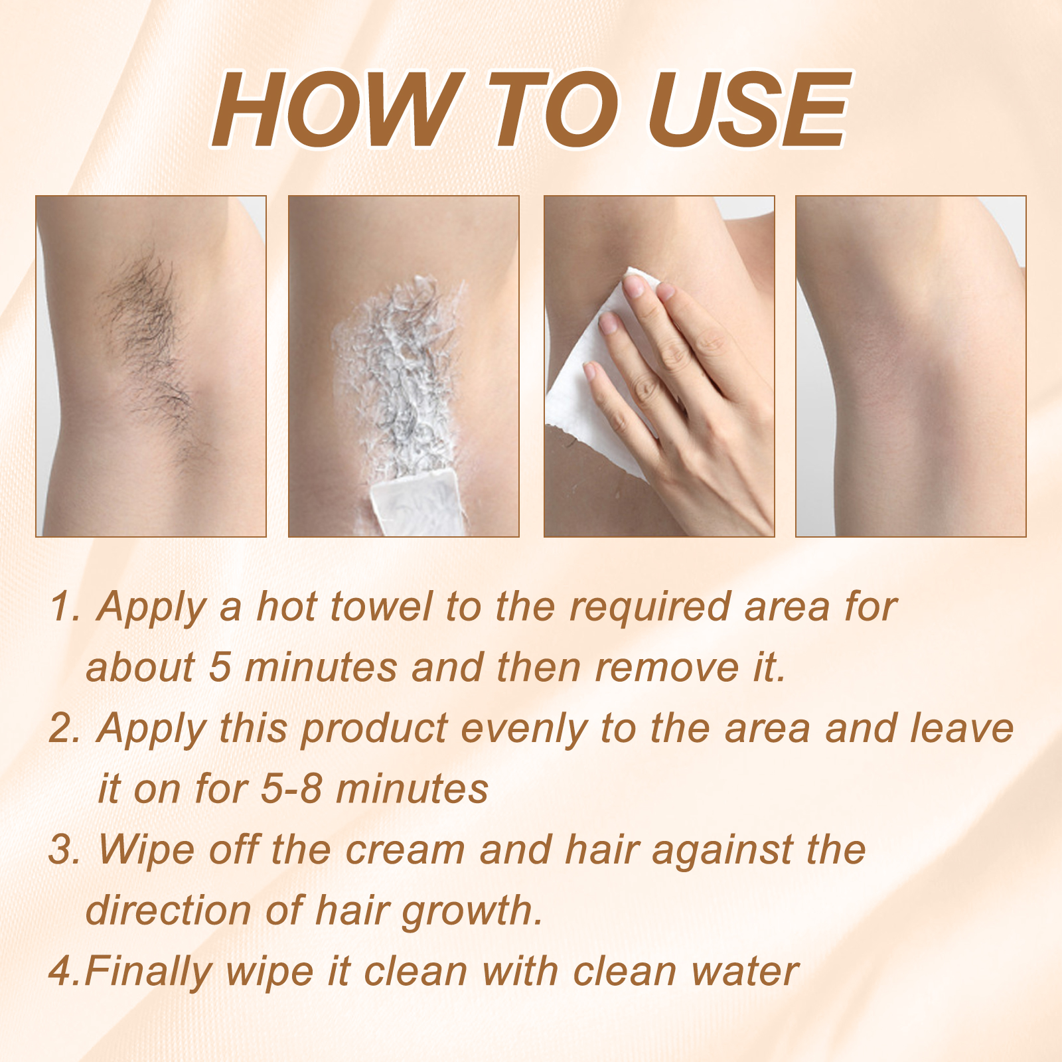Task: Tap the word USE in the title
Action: point(747,109)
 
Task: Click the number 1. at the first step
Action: point(65,607)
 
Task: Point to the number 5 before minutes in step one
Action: point(220,667)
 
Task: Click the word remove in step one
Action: point(666,668)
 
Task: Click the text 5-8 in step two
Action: point(291,789)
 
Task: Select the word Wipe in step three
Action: point(147,850)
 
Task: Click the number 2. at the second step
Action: point(65,728)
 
